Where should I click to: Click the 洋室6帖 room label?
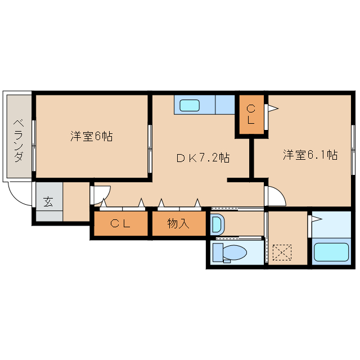[x=91, y=136]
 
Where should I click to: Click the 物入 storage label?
[x=178, y=224]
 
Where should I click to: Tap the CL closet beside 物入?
[x=120, y=224]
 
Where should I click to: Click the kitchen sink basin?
[x=190, y=105]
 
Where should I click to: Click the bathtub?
[x=332, y=251]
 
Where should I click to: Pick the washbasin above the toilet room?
[x=217, y=224]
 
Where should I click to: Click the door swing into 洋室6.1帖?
[x=276, y=196]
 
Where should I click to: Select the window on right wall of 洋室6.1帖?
[x=353, y=150]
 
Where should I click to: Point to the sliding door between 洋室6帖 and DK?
[x=150, y=148]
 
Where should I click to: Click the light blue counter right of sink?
[x=225, y=105]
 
